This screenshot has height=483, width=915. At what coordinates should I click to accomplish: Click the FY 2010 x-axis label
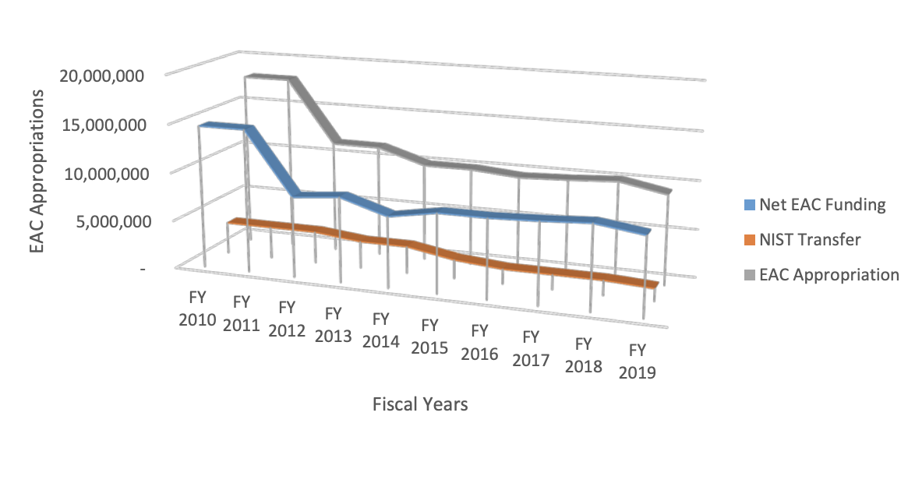pos(196,308)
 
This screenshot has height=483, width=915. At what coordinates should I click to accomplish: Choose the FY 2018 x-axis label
pos(584,354)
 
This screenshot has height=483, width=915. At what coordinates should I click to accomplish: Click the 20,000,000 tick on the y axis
pos(101,76)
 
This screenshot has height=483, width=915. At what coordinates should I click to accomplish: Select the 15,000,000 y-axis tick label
pos(101,125)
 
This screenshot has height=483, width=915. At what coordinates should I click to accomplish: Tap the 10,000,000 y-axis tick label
pos(101,173)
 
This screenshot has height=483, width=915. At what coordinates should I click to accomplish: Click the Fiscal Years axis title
pos(420,404)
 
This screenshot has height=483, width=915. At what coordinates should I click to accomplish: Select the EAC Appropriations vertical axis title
pos(37,171)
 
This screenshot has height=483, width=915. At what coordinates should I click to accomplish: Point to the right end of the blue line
pos(648,231)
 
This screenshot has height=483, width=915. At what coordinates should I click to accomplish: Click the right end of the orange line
pos(656,284)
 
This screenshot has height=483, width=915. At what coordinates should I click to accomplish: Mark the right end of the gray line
pos(669,190)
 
